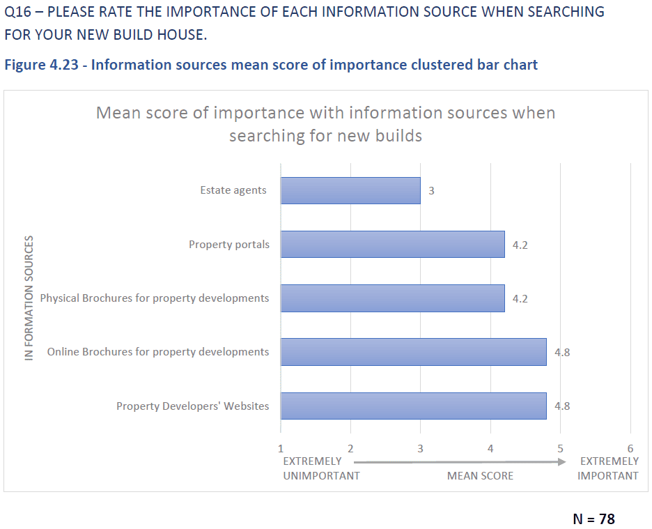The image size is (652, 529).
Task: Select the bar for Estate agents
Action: point(350,190)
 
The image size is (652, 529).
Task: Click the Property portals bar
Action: point(392,245)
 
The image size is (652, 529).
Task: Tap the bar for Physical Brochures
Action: point(392,298)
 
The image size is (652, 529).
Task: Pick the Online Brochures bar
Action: point(413,352)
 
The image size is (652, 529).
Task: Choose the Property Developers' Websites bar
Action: point(413,406)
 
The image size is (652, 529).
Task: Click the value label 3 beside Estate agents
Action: point(431,190)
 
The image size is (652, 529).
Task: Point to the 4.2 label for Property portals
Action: point(520,245)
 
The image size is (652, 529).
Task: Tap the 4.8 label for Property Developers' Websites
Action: point(561,406)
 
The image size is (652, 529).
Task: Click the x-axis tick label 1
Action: point(281,448)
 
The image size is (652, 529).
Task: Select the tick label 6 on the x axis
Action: point(630,448)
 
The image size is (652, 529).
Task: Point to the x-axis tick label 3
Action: point(420,448)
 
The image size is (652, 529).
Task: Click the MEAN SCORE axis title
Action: point(480,475)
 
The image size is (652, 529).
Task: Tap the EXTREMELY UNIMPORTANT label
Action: point(320,468)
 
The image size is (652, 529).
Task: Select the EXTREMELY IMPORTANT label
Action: point(608,468)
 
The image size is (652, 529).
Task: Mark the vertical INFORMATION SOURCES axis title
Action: point(29,298)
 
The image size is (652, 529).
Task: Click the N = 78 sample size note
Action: point(593,519)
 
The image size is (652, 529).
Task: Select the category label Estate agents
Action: point(233,190)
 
